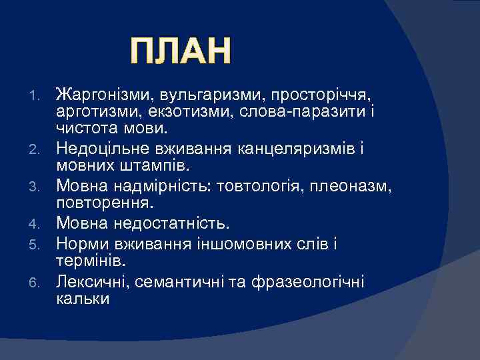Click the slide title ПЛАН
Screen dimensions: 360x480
pos(181,52)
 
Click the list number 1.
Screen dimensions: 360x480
pos(39,92)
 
